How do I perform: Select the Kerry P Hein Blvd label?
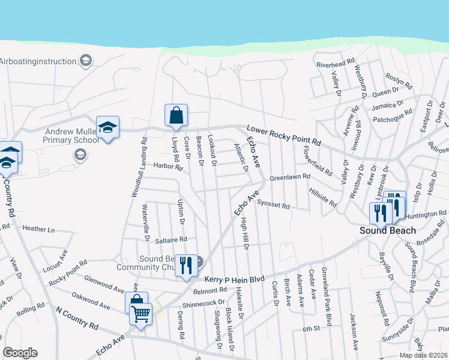click(x=234, y=279)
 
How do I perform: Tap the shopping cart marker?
click(x=140, y=313)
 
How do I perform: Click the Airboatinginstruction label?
click(x=38, y=61)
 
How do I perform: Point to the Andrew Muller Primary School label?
click(x=70, y=136)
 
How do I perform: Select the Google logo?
click(x=20, y=353)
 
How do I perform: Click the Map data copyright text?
click(x=424, y=355)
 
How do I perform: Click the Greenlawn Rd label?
click(x=289, y=178)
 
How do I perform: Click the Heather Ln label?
click(x=38, y=229)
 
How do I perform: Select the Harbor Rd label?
click(x=167, y=166)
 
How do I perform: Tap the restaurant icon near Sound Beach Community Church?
click(x=186, y=263)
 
